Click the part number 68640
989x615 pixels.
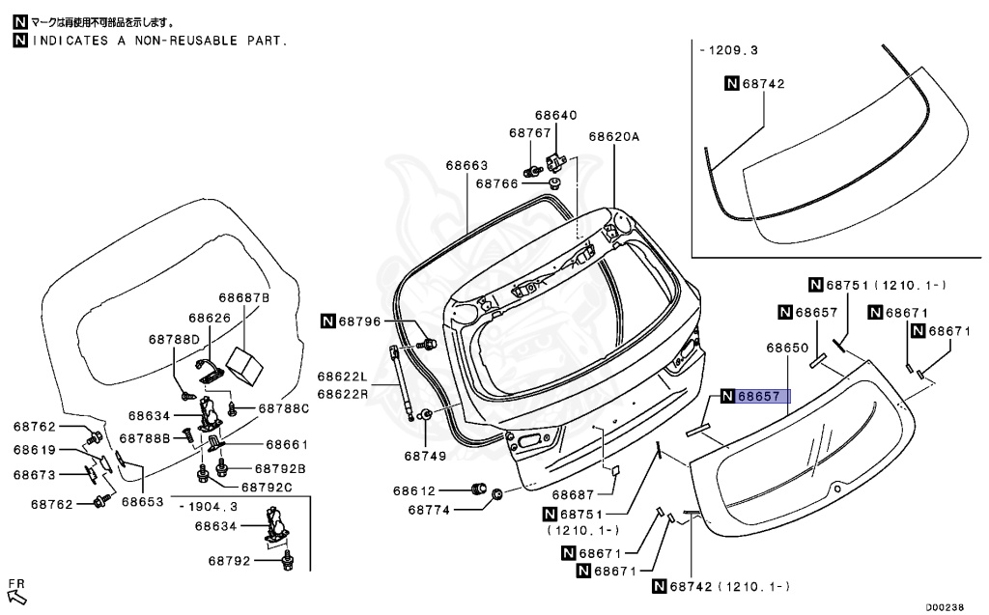pos(557,115)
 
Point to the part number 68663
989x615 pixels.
pos(466,165)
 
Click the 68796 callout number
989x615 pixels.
pos(359,321)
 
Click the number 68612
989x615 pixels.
pos(414,490)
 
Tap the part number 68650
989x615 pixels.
pos(787,347)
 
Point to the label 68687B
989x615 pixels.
pos(243,298)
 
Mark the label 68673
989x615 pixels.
pos(35,474)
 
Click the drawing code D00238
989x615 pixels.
pos(946,607)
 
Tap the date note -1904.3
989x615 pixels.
pos(208,506)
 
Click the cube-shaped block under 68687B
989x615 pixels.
pos(245,361)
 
